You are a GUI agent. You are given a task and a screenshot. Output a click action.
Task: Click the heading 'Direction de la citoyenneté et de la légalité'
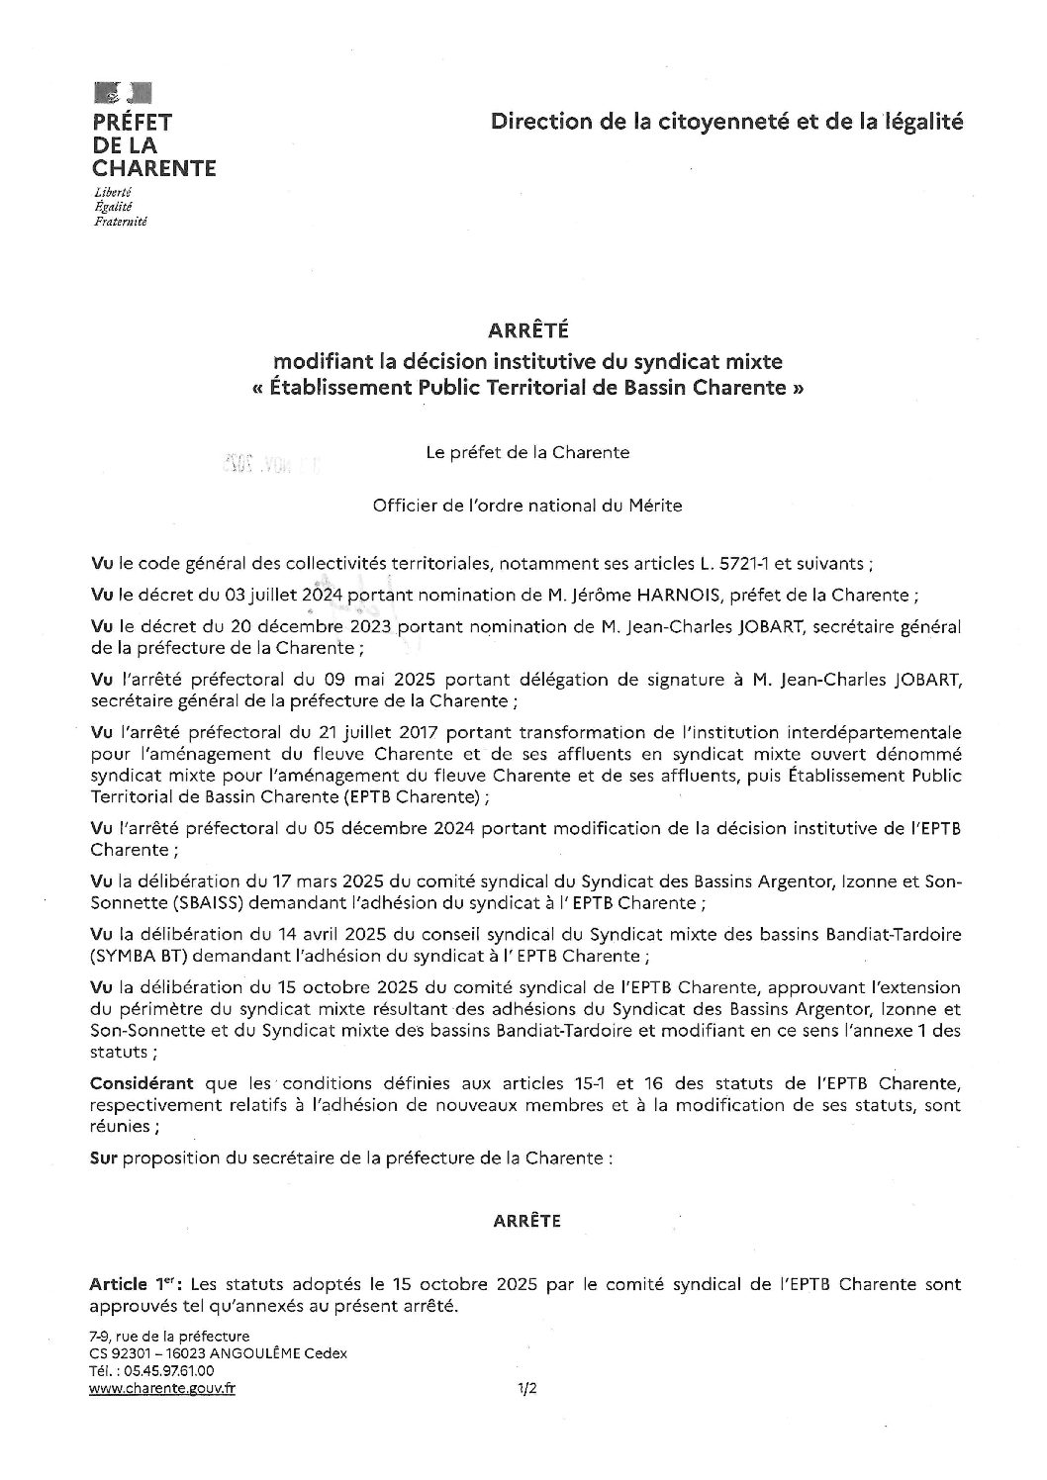coord(725,122)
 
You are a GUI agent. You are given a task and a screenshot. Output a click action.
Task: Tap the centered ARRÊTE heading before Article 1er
coord(526,1222)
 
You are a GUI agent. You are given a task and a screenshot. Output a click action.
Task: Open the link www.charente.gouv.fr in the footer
coord(162,1388)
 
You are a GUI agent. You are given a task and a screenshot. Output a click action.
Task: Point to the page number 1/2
coord(526,1389)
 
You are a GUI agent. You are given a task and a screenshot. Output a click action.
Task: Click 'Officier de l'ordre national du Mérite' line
coord(526,506)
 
